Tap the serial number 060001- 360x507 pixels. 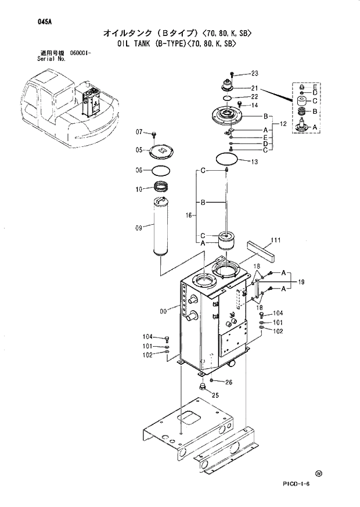(81, 53)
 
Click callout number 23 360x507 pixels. (254, 73)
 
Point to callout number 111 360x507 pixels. (275, 240)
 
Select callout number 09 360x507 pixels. (139, 228)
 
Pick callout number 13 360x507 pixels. (254, 161)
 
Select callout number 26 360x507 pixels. (228, 382)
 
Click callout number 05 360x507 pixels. (139, 150)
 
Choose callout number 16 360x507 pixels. (189, 215)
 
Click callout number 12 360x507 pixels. (283, 124)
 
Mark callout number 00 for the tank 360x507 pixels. (163, 311)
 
